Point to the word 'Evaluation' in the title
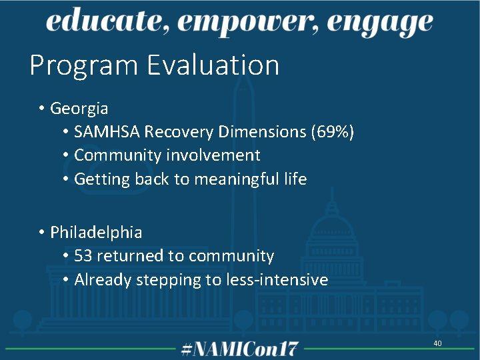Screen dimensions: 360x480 [x=213, y=65]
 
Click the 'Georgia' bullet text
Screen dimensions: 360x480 [x=79, y=107]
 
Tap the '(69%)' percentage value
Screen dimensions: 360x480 [x=332, y=131]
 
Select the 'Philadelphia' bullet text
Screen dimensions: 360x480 [x=96, y=232]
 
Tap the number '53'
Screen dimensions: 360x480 [x=83, y=256]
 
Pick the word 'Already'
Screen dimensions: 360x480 [x=103, y=280]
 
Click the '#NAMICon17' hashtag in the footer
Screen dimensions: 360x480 [x=240, y=349]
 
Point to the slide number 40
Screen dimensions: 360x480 [x=437, y=343]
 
